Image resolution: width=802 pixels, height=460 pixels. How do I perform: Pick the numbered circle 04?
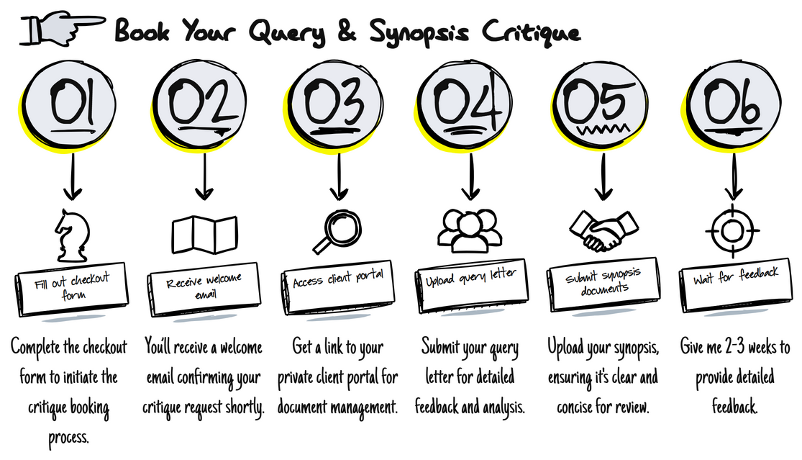point(468,105)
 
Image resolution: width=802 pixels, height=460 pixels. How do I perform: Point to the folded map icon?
point(204,231)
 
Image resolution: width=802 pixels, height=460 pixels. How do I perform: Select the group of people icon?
point(468,232)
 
